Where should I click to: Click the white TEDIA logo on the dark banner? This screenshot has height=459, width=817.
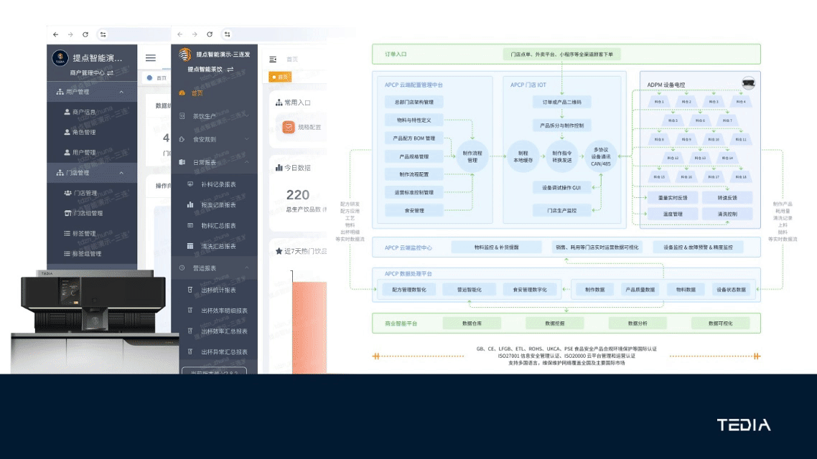pos(743,425)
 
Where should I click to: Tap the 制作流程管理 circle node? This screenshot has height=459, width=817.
pos(472,156)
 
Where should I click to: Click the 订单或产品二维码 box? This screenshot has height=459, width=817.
pos(561,102)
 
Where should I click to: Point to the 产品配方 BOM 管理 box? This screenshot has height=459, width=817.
pos(414,138)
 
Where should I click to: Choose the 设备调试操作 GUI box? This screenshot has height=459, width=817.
pos(561,187)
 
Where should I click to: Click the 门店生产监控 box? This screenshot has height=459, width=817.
pos(561,210)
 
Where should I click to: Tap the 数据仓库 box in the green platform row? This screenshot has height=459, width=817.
pos(472,323)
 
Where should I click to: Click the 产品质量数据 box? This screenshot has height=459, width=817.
pos(640,290)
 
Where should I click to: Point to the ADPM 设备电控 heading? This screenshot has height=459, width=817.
pos(666,85)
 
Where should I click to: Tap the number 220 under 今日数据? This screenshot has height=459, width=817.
pos(298,194)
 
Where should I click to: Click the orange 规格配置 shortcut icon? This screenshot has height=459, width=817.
pos(289,127)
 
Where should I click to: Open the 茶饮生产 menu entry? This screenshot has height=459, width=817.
pos(204,116)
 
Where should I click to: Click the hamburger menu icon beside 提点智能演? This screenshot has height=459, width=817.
pos(150,58)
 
